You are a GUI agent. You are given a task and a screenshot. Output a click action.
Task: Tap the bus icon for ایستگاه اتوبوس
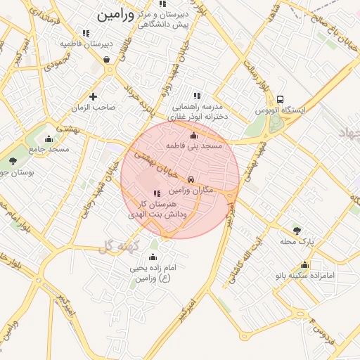(x=281, y=99)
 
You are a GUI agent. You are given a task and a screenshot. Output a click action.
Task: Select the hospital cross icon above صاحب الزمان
(x=93, y=96)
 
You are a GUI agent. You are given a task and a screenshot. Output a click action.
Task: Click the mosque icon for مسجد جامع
(x=48, y=138)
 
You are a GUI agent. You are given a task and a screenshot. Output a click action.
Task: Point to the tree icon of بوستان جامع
(x=13, y=161)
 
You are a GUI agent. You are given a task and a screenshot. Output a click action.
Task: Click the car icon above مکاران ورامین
(x=192, y=179)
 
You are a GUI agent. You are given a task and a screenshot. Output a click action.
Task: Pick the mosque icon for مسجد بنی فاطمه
(x=194, y=135)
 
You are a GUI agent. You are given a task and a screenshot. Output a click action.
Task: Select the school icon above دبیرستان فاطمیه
(x=86, y=32)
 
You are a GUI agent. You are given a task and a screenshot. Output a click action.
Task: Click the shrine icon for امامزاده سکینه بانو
(x=304, y=265)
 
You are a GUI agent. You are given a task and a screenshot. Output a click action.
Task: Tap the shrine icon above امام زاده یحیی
(x=153, y=257)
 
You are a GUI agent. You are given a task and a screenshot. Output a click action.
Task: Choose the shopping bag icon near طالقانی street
(x=105, y=60)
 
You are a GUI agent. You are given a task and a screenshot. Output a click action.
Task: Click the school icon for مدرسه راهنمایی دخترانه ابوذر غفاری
(x=197, y=96)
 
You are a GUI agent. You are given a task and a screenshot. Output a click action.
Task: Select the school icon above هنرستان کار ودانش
(x=156, y=193)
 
